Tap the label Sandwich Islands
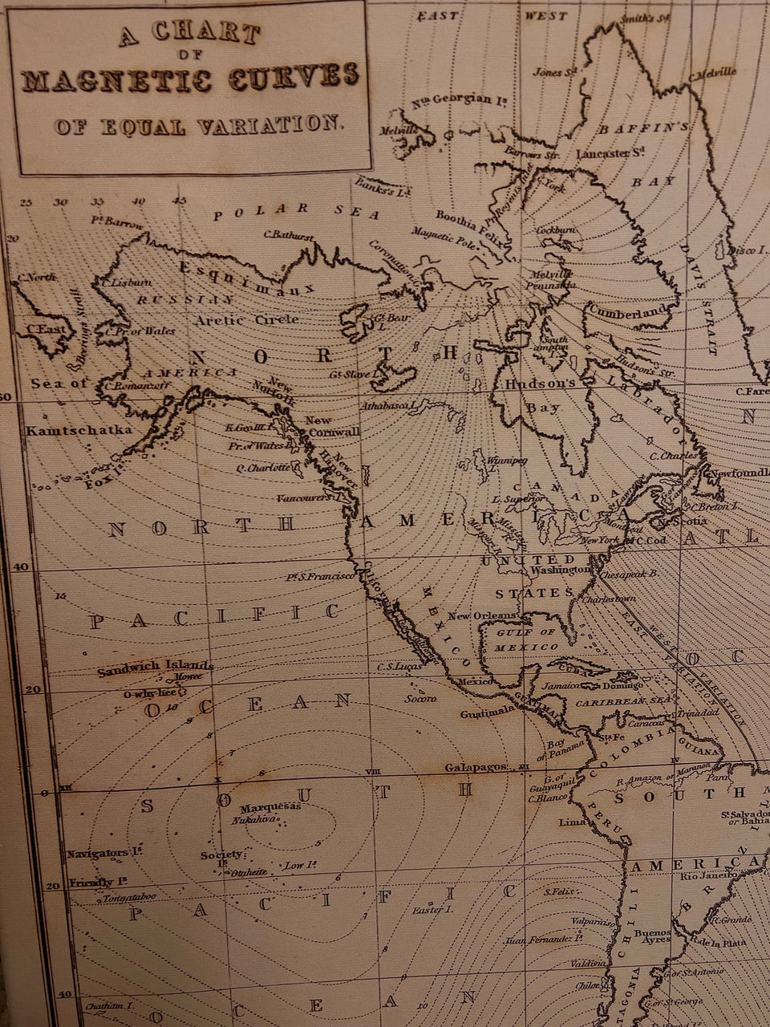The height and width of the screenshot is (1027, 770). point(156,666)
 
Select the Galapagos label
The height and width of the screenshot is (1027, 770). point(476,768)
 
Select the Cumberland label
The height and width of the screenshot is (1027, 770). point(626,311)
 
